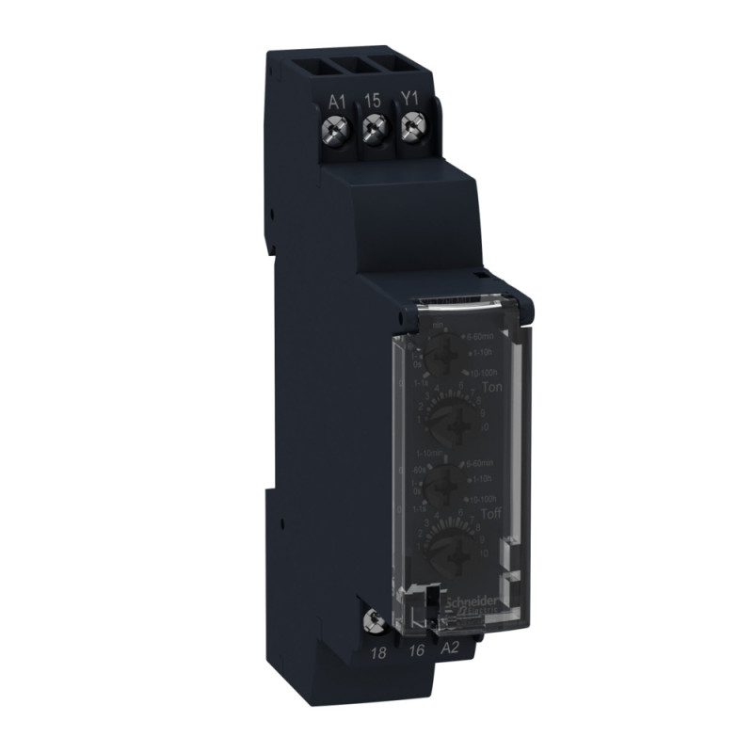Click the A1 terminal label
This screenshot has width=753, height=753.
(x=338, y=97)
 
